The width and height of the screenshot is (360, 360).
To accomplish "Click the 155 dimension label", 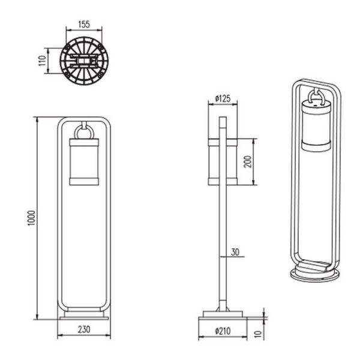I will click(x=83, y=25).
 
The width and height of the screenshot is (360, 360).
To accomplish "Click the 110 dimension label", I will click(x=42, y=60).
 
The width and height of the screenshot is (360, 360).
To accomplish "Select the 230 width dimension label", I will click(x=83, y=329).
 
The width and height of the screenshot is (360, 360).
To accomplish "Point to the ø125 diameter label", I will click(x=223, y=98).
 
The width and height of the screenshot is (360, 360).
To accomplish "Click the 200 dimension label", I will click(x=247, y=161).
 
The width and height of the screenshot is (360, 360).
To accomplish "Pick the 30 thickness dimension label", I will click(x=235, y=252).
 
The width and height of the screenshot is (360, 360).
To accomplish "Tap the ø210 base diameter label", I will click(x=223, y=329).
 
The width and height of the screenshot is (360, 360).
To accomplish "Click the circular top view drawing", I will click(x=83, y=60).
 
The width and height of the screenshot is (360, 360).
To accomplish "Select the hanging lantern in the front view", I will click(x=83, y=160).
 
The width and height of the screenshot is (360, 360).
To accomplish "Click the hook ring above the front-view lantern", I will click(x=83, y=130).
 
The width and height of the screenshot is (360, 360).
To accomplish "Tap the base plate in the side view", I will click(x=223, y=314).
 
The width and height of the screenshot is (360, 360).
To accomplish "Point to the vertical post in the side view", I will click(x=223, y=240).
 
